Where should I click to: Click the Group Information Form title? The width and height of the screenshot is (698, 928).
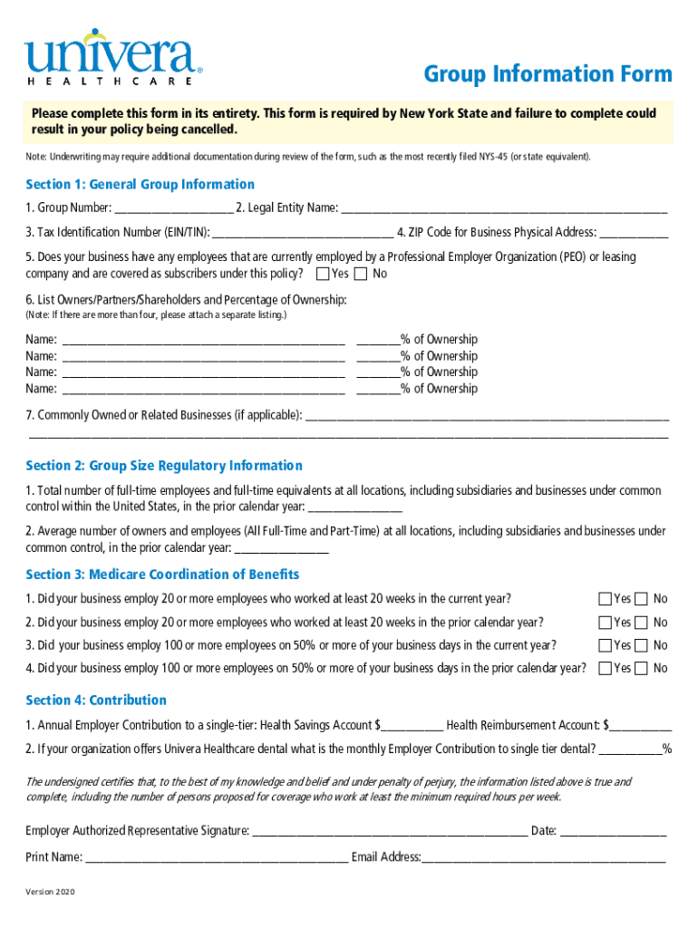(548, 73)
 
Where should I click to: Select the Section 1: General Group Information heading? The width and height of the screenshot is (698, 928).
(140, 184)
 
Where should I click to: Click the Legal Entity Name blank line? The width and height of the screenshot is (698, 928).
(504, 208)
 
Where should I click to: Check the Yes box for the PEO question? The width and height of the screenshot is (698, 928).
(323, 274)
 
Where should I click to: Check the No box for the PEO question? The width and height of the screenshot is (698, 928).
(361, 274)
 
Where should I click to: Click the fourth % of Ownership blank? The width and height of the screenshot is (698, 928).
(378, 390)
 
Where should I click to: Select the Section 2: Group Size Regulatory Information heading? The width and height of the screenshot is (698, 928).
(164, 466)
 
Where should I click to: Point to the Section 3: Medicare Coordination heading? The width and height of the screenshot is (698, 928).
(162, 575)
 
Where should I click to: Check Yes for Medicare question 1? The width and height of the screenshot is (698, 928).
(605, 599)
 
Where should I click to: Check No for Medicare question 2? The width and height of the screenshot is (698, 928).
(642, 623)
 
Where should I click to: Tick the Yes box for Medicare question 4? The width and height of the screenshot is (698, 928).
(605, 669)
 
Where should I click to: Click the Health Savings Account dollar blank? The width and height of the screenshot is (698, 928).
(412, 726)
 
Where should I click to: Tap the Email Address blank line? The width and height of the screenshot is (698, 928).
(544, 857)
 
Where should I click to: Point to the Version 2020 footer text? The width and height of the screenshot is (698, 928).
(51, 893)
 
